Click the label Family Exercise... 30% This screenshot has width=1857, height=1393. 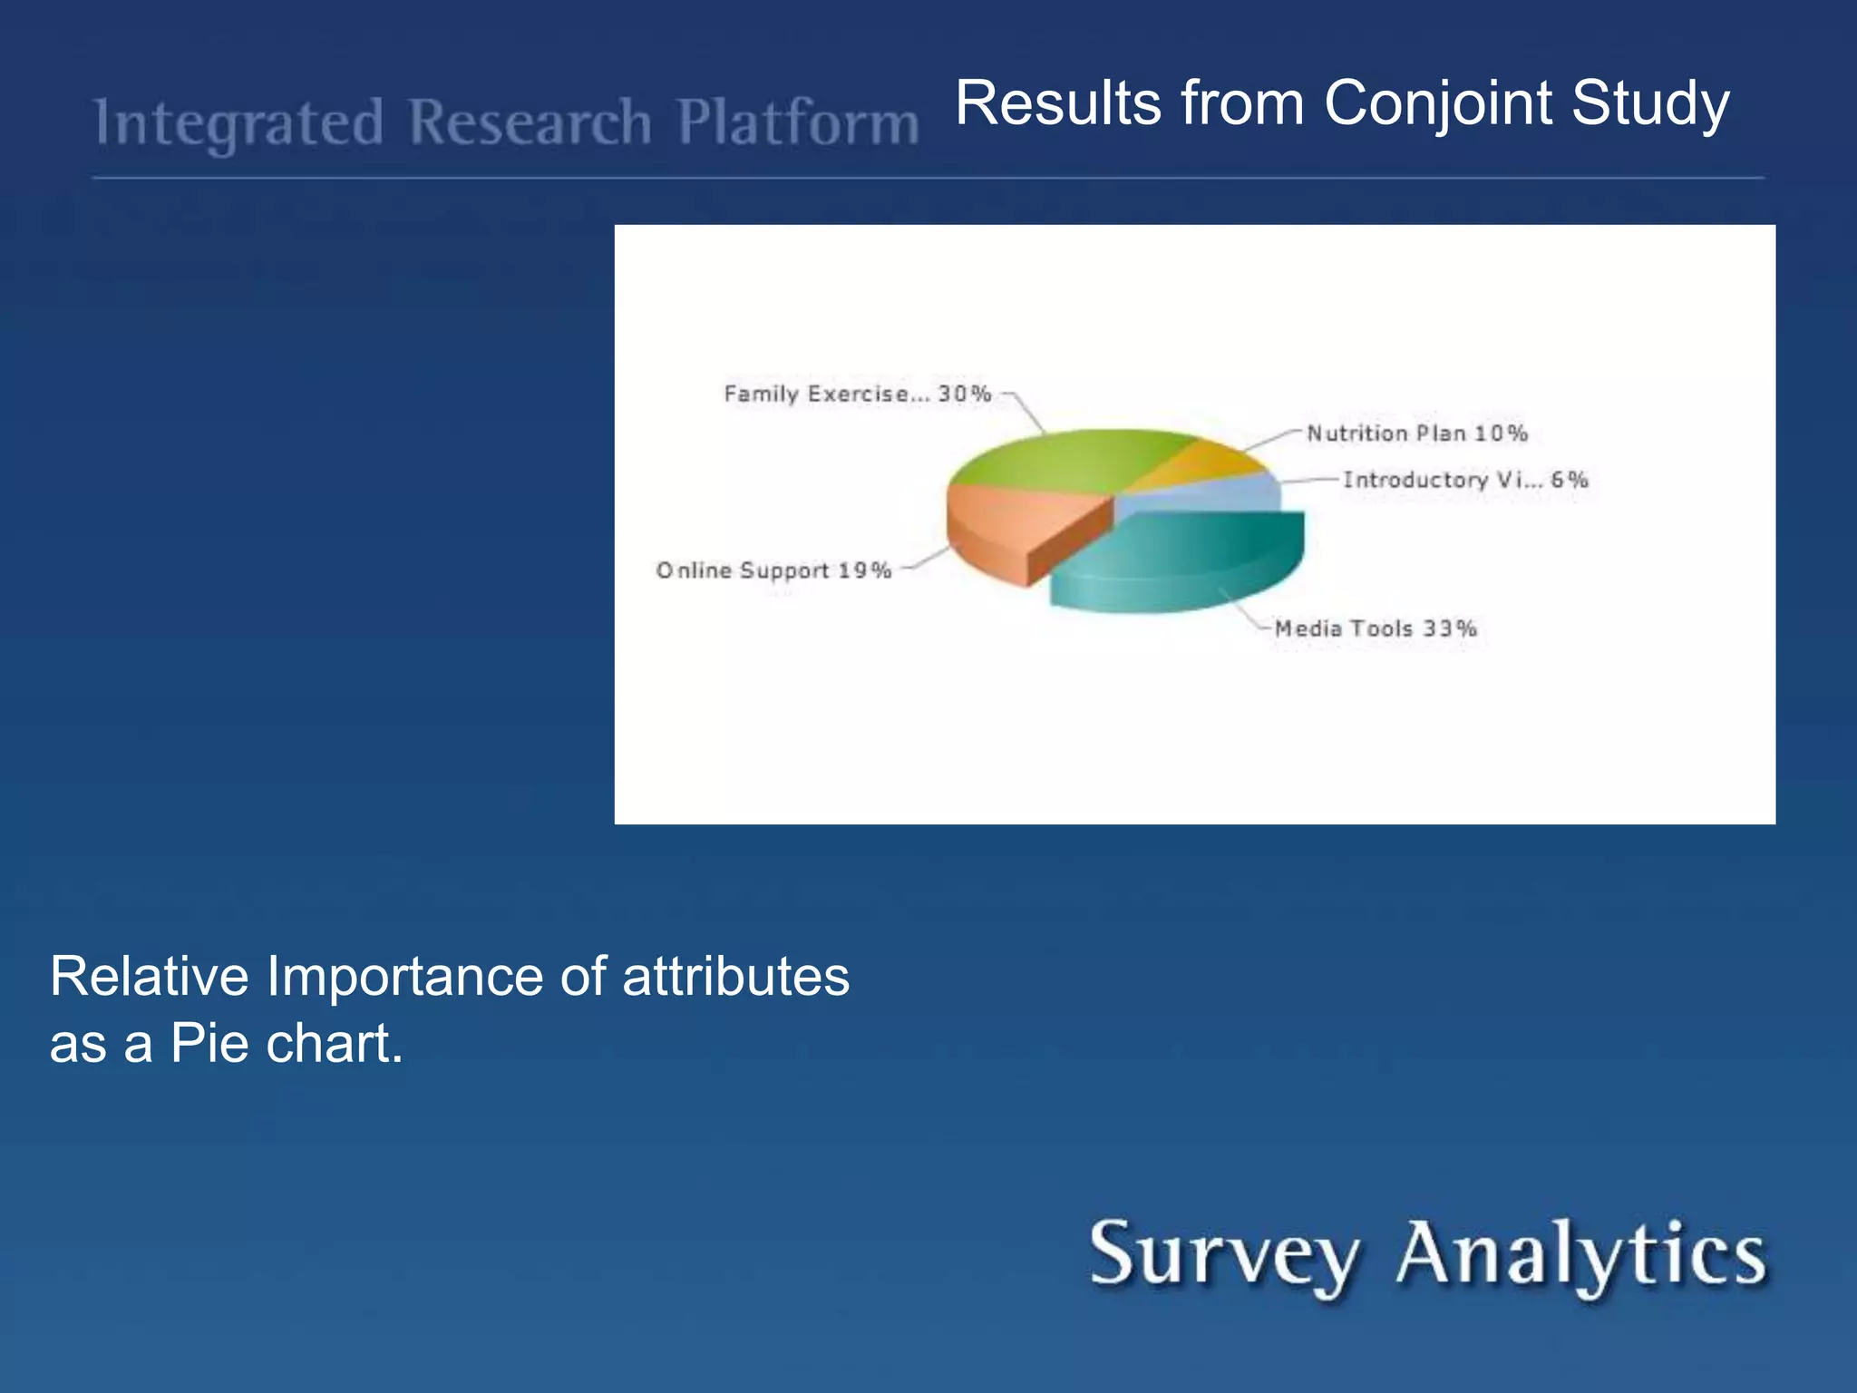coord(857,395)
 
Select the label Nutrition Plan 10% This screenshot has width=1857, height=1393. coord(1416,433)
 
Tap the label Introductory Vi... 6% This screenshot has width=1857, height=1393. coord(1465,480)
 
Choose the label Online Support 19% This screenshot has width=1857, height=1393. coord(773,570)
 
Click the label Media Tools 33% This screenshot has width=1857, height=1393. coord(1376,628)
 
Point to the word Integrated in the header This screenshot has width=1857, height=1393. coord(239,124)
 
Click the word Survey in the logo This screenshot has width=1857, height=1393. coord(1224,1256)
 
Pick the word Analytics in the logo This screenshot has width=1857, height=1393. coord(1581,1254)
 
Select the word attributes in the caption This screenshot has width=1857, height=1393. coord(735,977)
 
